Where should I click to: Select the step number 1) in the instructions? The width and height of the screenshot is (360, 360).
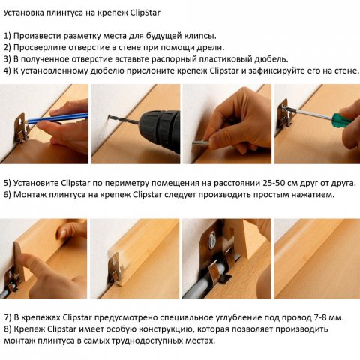point(7,36)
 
